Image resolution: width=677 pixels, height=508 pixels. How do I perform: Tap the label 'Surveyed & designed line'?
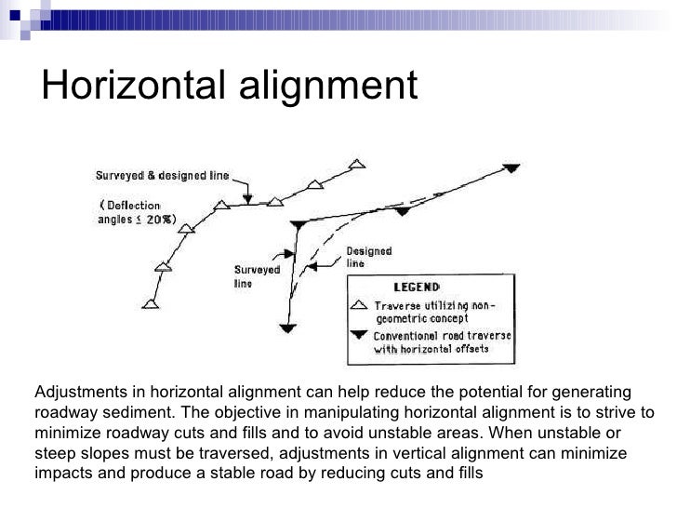[x=162, y=175]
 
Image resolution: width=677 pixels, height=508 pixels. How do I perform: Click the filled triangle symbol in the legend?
[x=359, y=336]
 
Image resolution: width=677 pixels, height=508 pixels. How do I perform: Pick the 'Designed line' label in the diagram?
[x=368, y=257]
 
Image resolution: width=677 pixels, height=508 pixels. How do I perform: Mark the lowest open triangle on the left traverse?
[x=151, y=303]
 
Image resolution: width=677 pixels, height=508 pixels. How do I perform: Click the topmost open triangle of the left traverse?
[x=356, y=165]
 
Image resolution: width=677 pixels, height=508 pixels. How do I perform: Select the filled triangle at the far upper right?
[x=511, y=168]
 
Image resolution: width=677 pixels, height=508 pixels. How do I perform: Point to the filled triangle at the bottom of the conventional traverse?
[x=289, y=328]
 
